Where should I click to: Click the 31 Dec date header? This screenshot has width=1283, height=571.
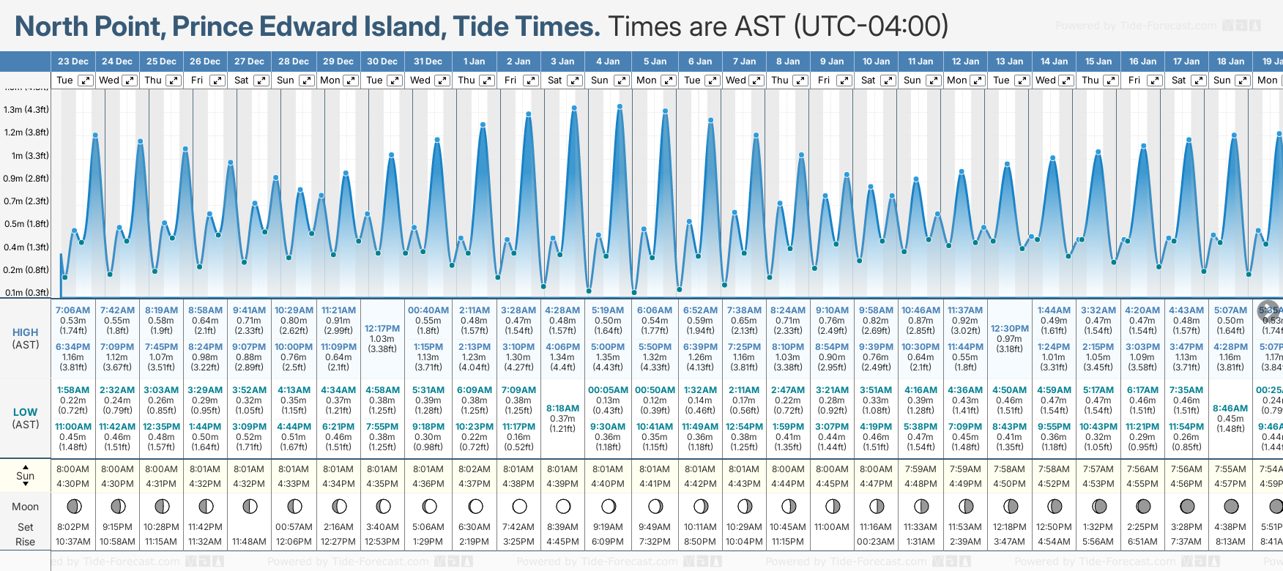[x=428, y=61]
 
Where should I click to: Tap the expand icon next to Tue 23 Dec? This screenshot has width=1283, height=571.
[x=86, y=81]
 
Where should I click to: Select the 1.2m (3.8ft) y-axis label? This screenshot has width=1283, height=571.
[x=26, y=133]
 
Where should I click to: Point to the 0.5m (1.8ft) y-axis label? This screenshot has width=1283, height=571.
[x=26, y=224]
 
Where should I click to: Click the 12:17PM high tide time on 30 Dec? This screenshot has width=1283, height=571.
[x=382, y=329]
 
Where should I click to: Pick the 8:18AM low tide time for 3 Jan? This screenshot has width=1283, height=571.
[x=562, y=408]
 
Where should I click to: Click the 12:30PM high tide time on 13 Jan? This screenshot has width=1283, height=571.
[x=1009, y=329]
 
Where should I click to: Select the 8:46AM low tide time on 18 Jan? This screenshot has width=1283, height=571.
[x=1230, y=408]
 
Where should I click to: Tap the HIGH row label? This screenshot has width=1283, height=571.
[x=26, y=332]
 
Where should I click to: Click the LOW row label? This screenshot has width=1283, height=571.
[x=26, y=412]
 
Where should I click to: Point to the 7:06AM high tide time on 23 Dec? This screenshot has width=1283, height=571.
[x=72, y=310]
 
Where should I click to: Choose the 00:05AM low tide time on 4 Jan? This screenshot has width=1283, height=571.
[x=608, y=390]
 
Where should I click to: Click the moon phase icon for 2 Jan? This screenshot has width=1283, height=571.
[x=519, y=507]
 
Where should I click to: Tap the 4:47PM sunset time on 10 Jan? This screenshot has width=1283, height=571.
[x=876, y=484]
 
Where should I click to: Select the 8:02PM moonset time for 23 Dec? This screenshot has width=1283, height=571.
[x=72, y=527]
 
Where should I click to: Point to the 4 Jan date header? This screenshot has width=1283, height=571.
[x=608, y=61]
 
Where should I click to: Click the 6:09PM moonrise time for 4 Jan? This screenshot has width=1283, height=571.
[x=608, y=542]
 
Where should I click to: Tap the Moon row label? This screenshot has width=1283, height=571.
[x=26, y=507]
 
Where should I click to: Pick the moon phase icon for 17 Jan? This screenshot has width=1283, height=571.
[x=1187, y=507]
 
